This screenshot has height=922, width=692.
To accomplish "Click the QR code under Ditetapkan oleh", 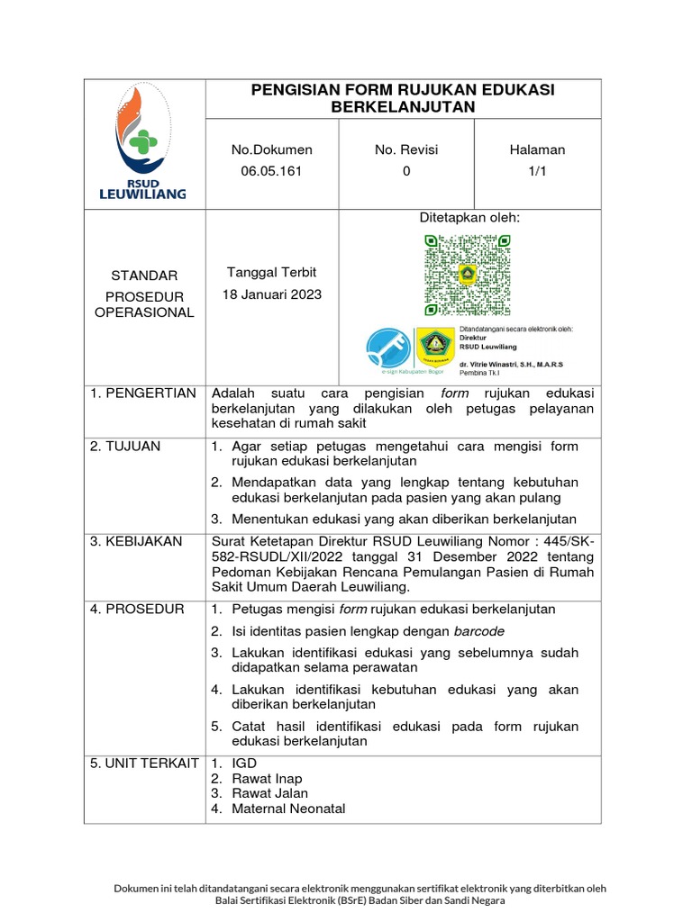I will [468, 275].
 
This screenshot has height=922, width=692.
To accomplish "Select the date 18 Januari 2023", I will [271, 294].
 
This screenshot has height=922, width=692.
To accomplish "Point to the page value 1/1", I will [537, 171].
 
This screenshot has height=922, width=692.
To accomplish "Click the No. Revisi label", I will [406, 149].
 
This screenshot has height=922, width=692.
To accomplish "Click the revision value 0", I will [406, 171].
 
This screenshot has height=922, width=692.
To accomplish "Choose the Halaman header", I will [537, 149].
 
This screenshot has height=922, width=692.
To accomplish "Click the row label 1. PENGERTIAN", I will [142, 393].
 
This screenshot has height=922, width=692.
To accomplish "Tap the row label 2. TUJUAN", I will [125, 446].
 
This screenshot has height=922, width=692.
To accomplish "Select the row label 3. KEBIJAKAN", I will [135, 541].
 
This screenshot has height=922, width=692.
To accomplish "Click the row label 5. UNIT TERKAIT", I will [144, 763].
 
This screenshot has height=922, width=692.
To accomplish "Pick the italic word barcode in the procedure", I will [478, 630].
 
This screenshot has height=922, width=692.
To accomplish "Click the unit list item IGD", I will [244, 763].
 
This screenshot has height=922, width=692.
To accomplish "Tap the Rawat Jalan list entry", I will [269, 793].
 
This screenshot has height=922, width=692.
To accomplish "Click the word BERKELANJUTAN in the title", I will [403, 107].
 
